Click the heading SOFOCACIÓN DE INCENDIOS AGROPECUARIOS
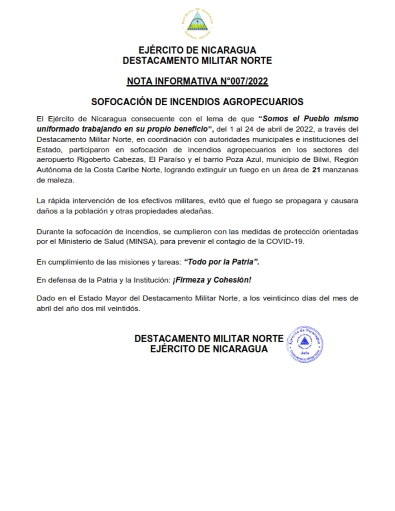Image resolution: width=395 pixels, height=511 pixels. [197, 102]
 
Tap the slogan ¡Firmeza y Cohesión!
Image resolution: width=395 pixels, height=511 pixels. [212, 280]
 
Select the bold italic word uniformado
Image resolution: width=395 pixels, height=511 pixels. [58, 129]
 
